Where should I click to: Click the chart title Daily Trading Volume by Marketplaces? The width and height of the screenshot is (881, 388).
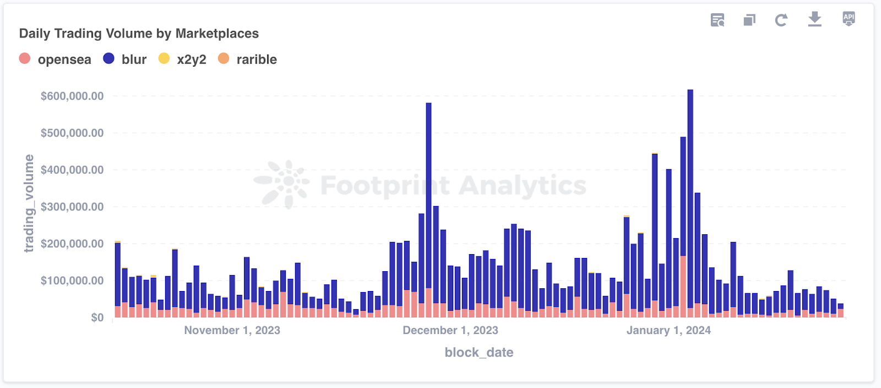pos(139,34)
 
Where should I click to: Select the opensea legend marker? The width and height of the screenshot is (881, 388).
pos(25,58)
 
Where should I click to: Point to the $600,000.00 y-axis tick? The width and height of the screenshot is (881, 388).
pos(72,96)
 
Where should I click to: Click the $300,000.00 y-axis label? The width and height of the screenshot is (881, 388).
pos(72,207)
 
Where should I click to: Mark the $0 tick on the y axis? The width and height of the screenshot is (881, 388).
pos(97,318)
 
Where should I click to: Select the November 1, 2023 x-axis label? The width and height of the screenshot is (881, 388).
pos(232,331)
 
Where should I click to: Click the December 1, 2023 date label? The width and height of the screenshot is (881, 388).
pos(450,331)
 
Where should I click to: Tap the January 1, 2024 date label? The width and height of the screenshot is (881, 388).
pos(668,331)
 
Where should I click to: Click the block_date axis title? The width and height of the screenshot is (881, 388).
pos(479,353)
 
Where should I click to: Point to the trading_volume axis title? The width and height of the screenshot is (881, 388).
pos(29,203)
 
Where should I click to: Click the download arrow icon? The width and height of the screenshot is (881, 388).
pos(814,20)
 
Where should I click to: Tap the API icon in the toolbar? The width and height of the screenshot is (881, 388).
pos(849,19)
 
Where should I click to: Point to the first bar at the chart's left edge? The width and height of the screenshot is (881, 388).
pos(118,276)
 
